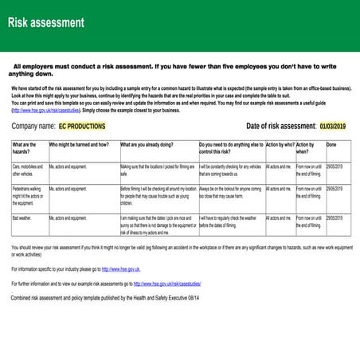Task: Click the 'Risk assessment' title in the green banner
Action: click(x=46, y=22)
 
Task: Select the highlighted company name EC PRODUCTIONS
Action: click(x=82, y=126)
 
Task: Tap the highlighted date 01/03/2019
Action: click(x=332, y=126)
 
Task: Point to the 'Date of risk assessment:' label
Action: click(x=281, y=126)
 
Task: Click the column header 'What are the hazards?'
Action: click(x=27, y=147)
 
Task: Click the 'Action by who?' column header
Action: click(x=279, y=145)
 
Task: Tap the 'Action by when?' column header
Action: click(x=306, y=147)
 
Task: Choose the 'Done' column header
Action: click(x=331, y=145)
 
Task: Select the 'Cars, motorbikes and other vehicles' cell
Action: click(x=29, y=169)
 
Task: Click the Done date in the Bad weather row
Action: click(x=335, y=217)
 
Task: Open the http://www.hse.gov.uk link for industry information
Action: click(x=120, y=270)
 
